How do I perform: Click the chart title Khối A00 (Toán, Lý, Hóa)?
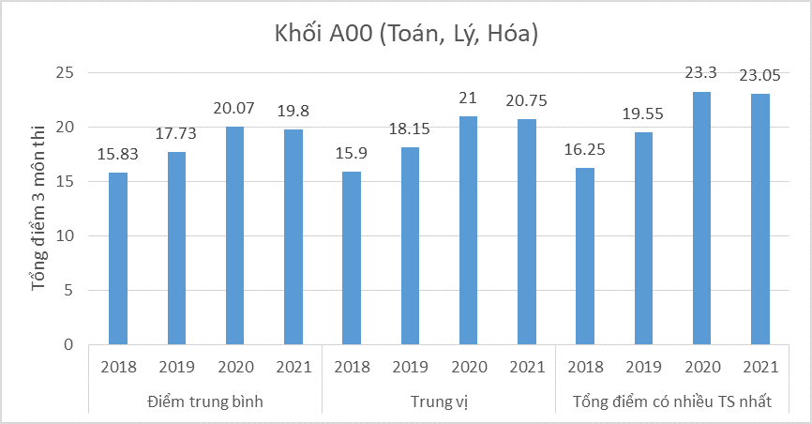[x=406, y=35]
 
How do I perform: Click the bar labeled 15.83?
[x=117, y=259]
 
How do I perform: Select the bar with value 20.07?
[x=234, y=235]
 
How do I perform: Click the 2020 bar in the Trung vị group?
[x=468, y=231]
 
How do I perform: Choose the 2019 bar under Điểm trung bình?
[x=175, y=249]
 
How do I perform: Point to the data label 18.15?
[x=410, y=129]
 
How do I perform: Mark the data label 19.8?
[x=293, y=112]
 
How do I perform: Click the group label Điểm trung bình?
[x=204, y=401]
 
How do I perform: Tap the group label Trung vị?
[x=439, y=401]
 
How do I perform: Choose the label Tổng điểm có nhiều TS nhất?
[x=672, y=401]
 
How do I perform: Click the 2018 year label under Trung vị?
[x=351, y=367]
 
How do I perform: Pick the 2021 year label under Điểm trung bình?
[x=293, y=367]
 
